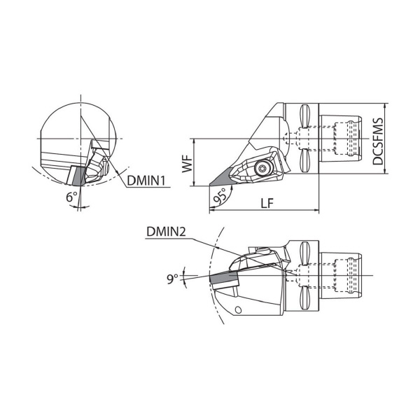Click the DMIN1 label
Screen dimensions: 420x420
click(x=146, y=181)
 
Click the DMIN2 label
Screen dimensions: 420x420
click(x=166, y=232)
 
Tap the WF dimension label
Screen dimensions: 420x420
click(x=187, y=163)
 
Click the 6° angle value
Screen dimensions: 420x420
click(x=72, y=197)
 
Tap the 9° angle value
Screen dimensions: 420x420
click(x=173, y=279)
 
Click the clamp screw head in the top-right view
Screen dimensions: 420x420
click(x=261, y=168)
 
